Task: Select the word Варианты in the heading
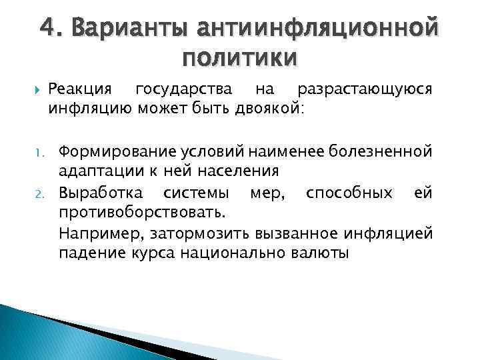(x=127, y=29)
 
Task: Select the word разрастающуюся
(x=365, y=89)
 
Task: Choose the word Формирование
(x=114, y=152)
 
